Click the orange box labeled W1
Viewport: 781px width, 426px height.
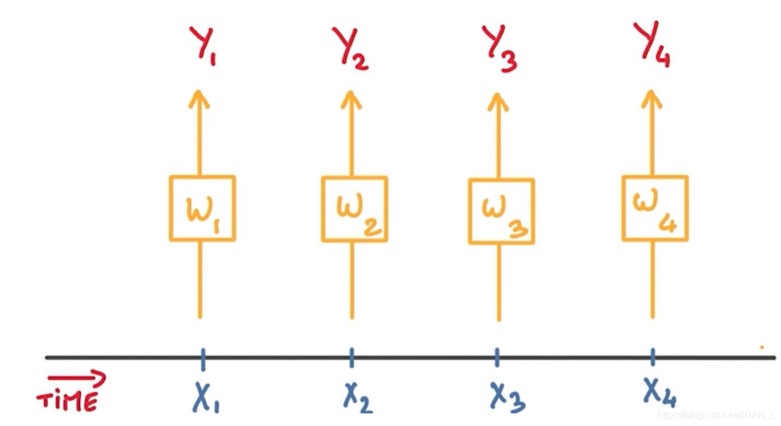click(202, 208)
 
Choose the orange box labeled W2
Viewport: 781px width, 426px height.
click(355, 209)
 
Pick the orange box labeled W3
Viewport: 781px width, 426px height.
click(501, 211)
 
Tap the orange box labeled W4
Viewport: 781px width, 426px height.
click(655, 208)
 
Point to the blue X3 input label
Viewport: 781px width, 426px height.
click(507, 396)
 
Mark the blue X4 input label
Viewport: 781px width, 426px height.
click(659, 393)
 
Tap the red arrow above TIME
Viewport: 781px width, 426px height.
click(78, 378)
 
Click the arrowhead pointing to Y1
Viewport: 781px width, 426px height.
click(200, 98)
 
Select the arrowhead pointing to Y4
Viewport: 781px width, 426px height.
click(652, 98)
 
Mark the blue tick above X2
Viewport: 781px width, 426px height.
click(352, 358)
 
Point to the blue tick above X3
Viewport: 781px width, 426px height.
click(498, 358)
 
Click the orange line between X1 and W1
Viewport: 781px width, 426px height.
click(200, 280)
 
